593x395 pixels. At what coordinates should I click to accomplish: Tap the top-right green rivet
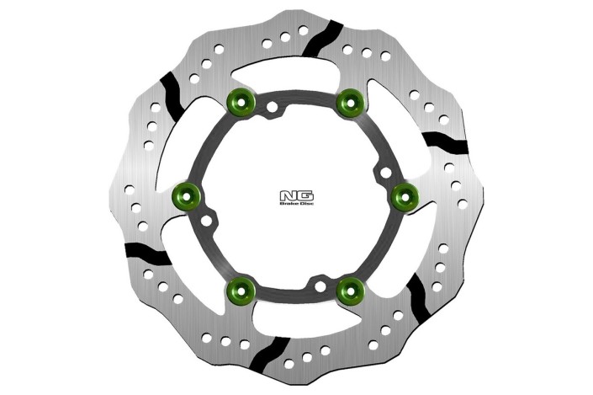tap(348, 102)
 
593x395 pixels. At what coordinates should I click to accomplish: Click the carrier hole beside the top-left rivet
tap(273, 108)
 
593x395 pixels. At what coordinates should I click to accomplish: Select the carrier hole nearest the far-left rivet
tap(208, 222)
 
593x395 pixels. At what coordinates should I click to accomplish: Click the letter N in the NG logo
tap(288, 196)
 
